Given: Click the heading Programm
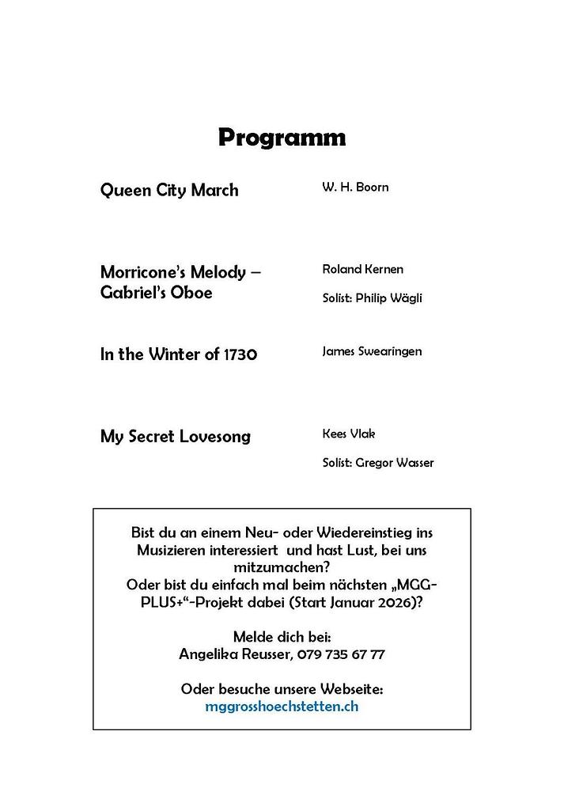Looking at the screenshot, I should coord(282,138).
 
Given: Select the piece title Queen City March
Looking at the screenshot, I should coord(169,191).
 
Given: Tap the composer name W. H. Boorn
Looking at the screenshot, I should coord(355,188).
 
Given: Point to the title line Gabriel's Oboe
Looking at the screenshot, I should coord(157,293).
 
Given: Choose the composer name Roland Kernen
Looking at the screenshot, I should coord(362,269).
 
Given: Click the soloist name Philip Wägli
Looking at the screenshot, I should coord(389,298).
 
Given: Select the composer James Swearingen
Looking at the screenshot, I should coord(372,351).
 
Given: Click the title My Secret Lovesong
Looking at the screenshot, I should coord(176,437).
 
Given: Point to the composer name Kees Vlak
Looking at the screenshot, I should coord(348,434).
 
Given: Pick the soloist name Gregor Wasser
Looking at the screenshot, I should coord(395,463).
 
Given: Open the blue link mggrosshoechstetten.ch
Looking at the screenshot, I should coord(282,706).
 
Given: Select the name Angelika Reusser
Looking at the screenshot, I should coord(236,654).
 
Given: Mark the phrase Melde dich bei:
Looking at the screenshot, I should coord(282,637).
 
